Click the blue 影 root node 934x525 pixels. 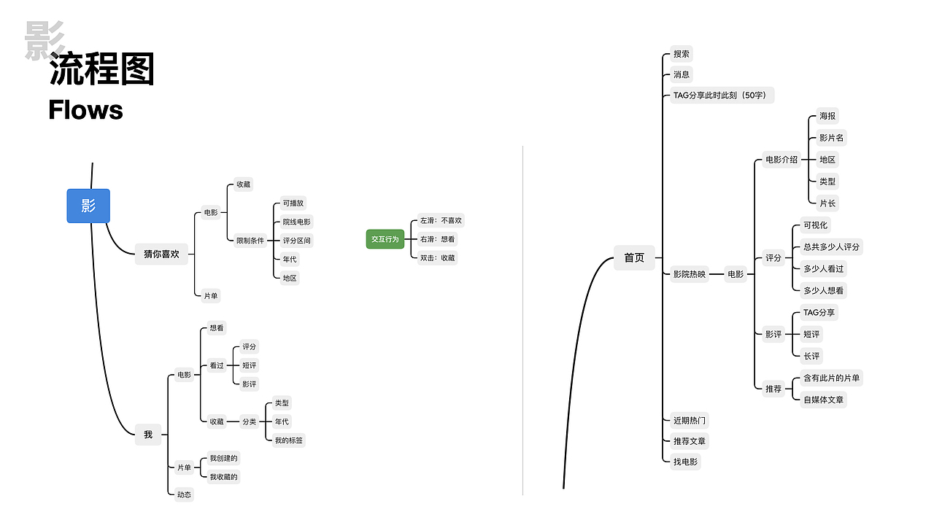88,206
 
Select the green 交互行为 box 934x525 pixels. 385,238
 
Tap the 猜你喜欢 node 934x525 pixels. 161,254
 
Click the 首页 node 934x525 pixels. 634,257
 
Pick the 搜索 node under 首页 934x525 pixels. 682,54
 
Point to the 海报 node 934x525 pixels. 827,116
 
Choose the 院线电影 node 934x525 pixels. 297,222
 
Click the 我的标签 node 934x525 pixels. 289,440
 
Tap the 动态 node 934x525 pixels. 184,494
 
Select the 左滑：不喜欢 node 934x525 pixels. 441,220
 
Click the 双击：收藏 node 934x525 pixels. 437,257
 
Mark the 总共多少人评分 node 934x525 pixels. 831,246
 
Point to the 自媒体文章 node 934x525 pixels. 824,400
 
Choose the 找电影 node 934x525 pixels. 685,462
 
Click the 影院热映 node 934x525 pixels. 690,274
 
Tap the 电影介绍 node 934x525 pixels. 781,160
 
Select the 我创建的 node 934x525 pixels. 223,458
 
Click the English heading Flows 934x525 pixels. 85,110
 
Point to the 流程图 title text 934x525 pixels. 102,71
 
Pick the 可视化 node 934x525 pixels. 816,225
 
